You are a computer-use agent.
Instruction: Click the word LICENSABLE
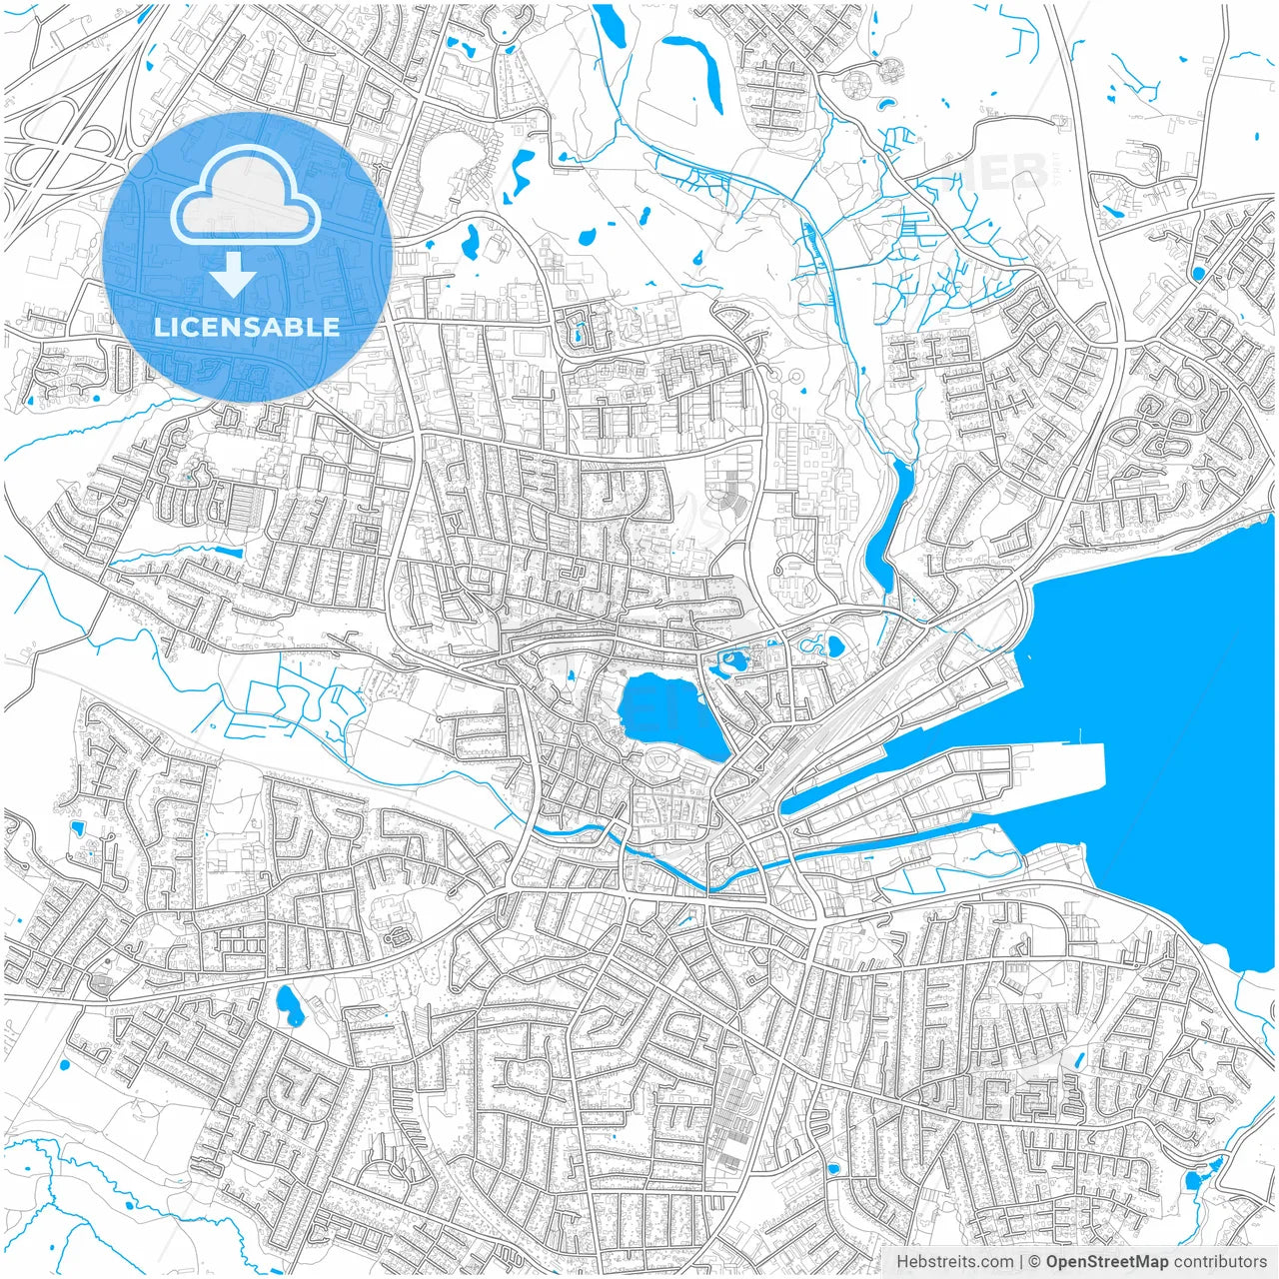point(247,327)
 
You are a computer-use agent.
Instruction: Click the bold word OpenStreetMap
point(1106,1262)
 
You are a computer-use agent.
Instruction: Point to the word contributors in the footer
point(1220,1262)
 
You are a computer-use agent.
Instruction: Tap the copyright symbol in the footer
point(1035,1262)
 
